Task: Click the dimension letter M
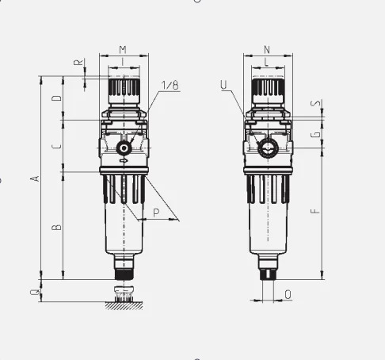coord(123,50)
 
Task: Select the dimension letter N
coord(267,50)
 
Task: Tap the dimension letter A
coord(35,178)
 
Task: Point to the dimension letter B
coord(57,227)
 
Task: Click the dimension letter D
coord(57,98)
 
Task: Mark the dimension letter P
coord(156,213)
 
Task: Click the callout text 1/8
coord(170,85)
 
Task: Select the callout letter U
coord(223,85)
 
